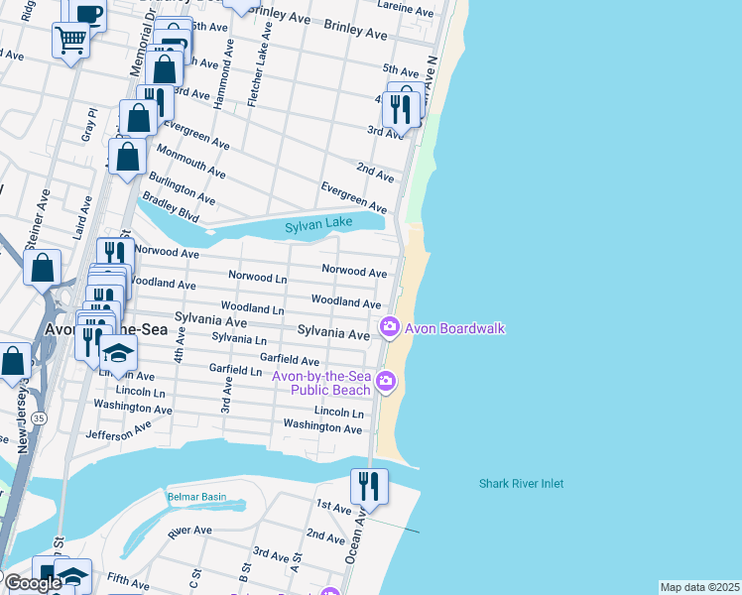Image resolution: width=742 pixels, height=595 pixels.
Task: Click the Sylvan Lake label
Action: [318, 227]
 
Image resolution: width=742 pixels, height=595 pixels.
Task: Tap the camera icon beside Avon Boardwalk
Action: [390, 326]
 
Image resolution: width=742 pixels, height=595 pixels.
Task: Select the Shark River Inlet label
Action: [521, 484]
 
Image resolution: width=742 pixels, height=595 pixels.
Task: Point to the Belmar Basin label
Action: [196, 497]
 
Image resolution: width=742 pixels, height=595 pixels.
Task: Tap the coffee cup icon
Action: [87, 13]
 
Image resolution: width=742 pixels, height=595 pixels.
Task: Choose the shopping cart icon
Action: [71, 41]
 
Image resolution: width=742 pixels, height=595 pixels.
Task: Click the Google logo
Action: [32, 583]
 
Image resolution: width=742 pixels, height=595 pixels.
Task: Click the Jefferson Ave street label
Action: [118, 429]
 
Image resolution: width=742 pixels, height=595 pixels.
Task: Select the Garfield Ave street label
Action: [290, 361]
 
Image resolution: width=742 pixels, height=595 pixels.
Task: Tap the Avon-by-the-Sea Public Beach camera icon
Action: [387, 380]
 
